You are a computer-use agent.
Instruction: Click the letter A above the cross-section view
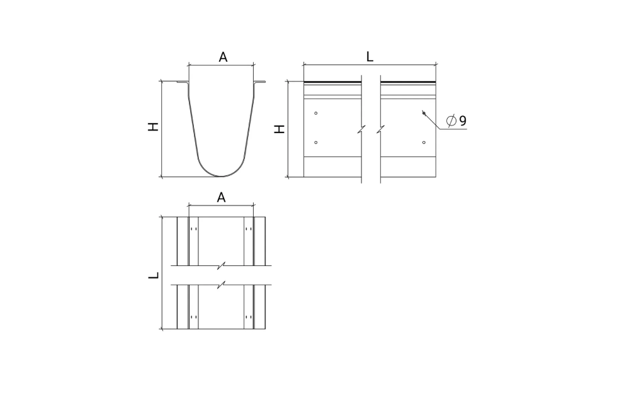pos(223,57)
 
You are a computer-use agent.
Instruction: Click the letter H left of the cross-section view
pos(153,127)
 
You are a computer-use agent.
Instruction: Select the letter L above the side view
pos(370,57)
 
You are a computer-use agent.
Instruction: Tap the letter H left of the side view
pos(280,129)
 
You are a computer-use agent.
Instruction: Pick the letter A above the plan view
pos(221,197)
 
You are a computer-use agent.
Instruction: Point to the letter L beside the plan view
pos(154,275)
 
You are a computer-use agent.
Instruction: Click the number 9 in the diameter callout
pos(463,120)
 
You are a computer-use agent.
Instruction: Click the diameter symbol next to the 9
pos(451,120)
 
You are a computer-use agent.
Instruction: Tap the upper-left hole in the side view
pos(315,113)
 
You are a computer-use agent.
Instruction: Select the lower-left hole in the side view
pos(315,142)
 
